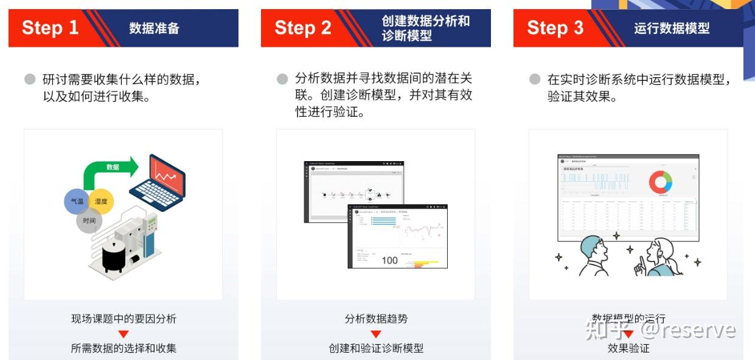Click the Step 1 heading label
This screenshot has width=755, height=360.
pyautogui.click(x=50, y=28)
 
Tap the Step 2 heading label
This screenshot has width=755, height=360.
pyautogui.click(x=303, y=28)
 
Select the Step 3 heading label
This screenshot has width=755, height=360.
pyautogui.click(x=555, y=28)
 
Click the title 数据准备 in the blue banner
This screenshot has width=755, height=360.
pyautogui.click(x=154, y=28)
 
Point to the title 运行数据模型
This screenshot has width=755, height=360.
pyautogui.click(x=672, y=28)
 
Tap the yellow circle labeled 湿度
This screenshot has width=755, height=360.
pyautogui.click(x=101, y=201)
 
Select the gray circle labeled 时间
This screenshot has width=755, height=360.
pyautogui.click(x=89, y=220)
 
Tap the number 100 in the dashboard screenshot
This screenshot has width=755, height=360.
pyautogui.click(x=389, y=260)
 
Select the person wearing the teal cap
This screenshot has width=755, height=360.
pyautogui.click(x=593, y=254)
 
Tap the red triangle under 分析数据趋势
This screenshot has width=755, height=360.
pyautogui.click(x=376, y=334)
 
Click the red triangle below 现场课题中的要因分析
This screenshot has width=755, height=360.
pyautogui.click(x=124, y=334)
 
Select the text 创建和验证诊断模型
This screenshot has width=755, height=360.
pyautogui.click(x=376, y=348)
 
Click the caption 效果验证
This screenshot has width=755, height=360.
pyautogui.click(x=628, y=348)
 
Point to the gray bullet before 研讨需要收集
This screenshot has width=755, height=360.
pyautogui.click(x=30, y=79)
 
